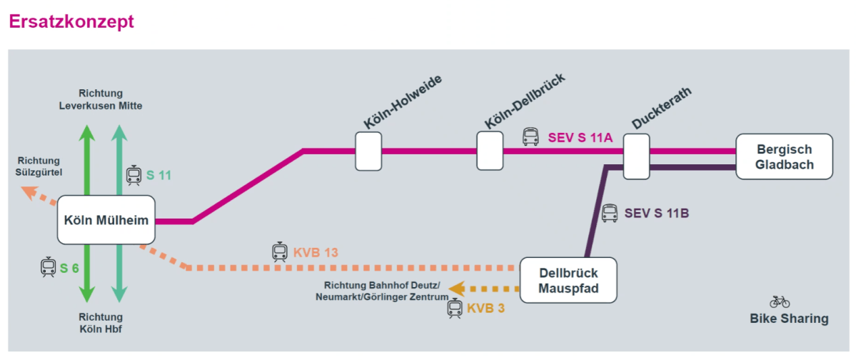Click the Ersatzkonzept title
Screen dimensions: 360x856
71,21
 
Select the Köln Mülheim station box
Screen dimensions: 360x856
106,220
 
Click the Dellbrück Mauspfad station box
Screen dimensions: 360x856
568,281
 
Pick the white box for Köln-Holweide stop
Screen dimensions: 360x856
368,151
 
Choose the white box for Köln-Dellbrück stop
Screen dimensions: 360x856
490,151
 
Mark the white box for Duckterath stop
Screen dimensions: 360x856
636,156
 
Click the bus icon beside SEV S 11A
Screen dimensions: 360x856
530,136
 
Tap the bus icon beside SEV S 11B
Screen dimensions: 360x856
609,212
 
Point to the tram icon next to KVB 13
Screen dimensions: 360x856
280,251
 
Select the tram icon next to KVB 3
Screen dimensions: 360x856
455,309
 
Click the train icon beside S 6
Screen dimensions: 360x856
48,267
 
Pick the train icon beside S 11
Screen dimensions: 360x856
134,175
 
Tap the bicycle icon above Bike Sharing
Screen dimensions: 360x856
780,301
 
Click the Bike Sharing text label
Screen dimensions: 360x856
789,319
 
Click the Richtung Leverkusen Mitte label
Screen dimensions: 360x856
101,99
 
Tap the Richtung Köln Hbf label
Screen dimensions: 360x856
101,323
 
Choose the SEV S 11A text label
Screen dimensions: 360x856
580,137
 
